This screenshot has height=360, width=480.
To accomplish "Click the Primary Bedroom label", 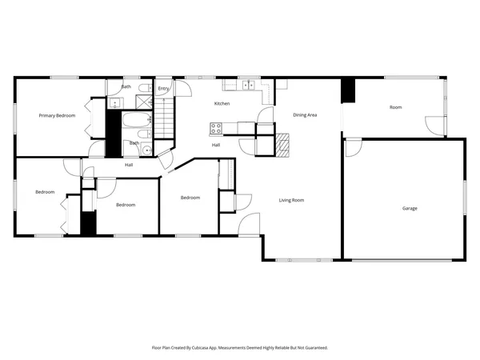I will [58, 116].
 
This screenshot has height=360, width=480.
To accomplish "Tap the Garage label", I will [410, 209].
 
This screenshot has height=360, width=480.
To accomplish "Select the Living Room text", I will [292, 200].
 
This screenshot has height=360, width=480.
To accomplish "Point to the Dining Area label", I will [305, 116].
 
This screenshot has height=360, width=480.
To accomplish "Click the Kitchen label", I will [222, 104].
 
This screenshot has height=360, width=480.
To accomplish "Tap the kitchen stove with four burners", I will [216, 128].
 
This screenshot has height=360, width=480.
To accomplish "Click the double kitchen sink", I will [248, 84].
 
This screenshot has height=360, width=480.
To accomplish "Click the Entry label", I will [163, 89].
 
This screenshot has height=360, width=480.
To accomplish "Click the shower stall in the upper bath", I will [144, 102].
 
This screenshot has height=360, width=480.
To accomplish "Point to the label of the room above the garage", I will [395, 107].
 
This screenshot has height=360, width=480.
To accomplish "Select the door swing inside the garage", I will [352, 149].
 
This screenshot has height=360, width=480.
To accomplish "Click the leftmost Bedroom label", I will [45, 192].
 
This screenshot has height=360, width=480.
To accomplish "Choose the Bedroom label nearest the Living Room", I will [190, 198].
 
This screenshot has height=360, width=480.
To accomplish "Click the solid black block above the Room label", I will [347, 90].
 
